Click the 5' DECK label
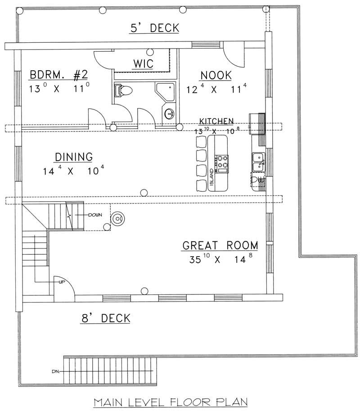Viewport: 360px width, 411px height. tap(155, 28)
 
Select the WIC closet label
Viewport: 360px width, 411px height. tap(143, 63)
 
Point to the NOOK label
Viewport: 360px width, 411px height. tap(216, 75)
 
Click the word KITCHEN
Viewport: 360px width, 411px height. tap(216, 121)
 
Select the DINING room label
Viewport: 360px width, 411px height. tap(73, 157)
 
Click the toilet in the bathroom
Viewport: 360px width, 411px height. tap(123, 90)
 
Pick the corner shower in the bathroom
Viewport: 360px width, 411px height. tap(166, 93)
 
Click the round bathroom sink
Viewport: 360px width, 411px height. tap(170, 113)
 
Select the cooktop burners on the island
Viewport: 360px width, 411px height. tap(222, 164)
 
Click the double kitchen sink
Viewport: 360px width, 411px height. tap(259, 163)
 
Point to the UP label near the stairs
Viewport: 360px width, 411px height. tap(61, 282)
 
